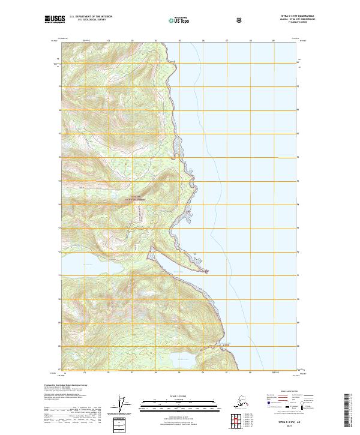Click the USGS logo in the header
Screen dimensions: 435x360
pyautogui.click(x=55, y=20)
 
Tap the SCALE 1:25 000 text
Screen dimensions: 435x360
pyautogui.click(x=179, y=397)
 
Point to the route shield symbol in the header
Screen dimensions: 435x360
pyautogui.click(x=239, y=20)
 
